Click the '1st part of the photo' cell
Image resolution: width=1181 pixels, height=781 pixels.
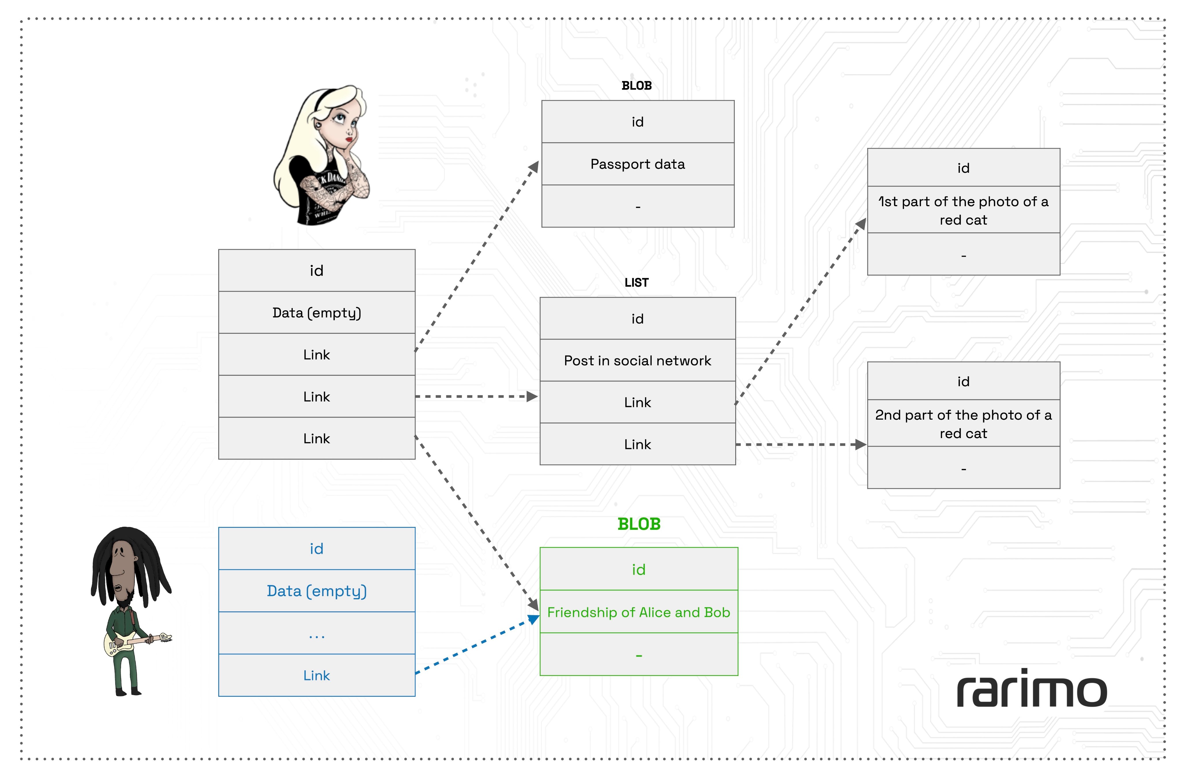coord(963,210)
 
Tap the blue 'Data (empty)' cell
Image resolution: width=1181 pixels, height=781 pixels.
coord(317,591)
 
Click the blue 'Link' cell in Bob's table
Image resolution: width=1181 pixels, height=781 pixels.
coord(317,675)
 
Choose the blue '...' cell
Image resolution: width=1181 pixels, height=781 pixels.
coord(317,633)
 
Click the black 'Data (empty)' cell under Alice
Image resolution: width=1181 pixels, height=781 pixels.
coord(317,313)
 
